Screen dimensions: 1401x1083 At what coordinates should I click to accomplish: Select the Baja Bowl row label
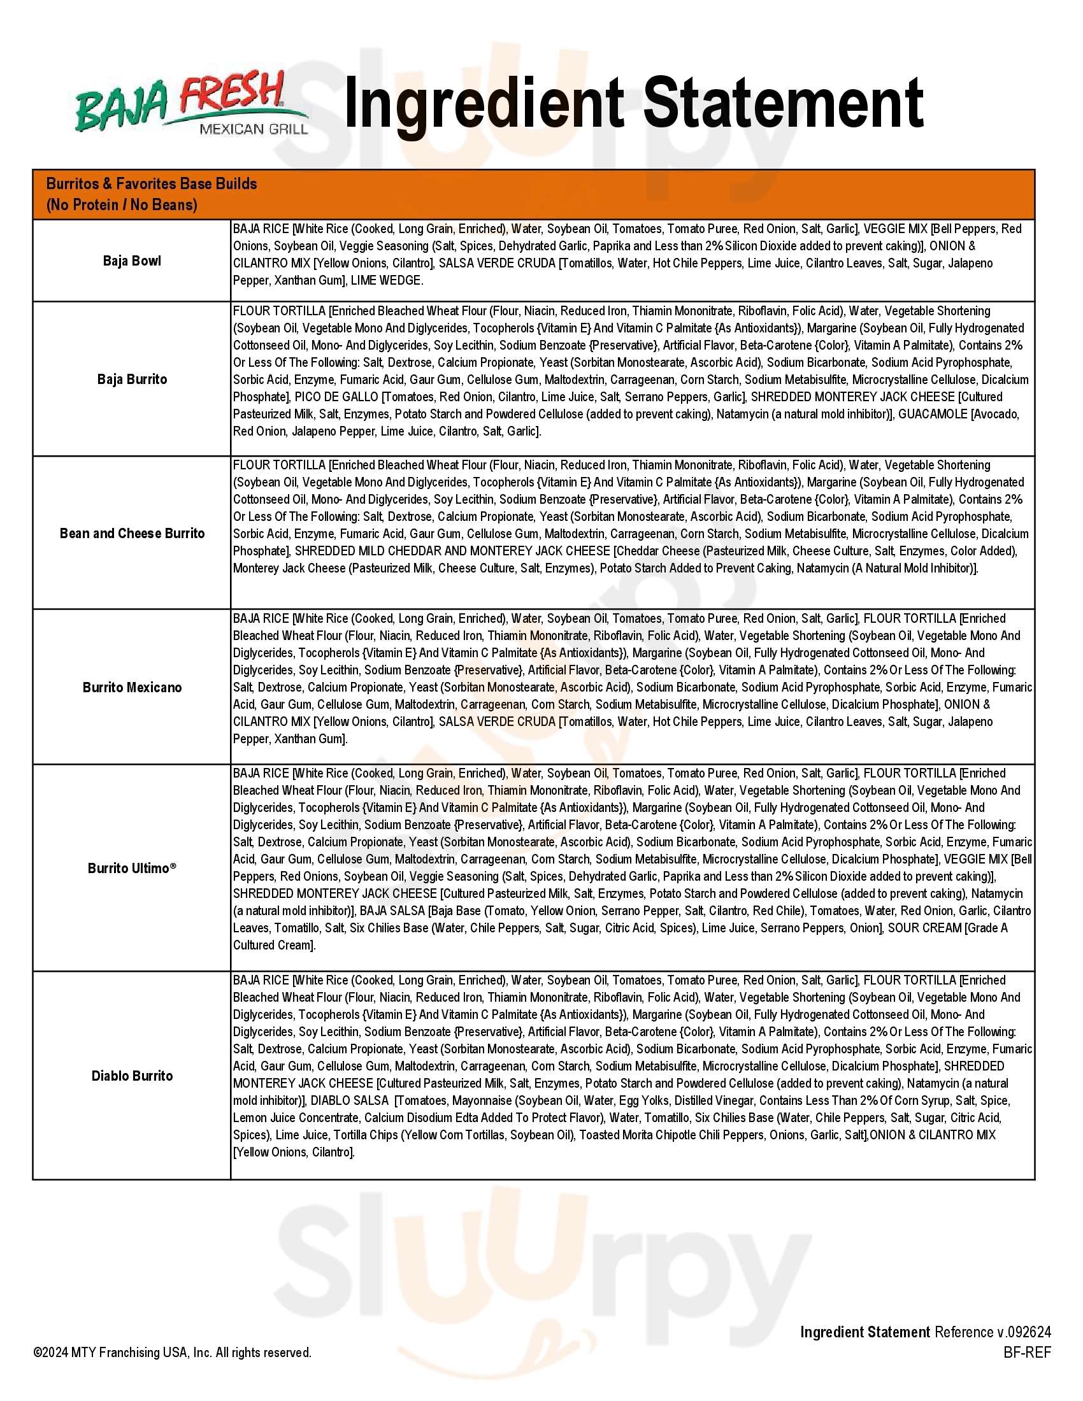131,261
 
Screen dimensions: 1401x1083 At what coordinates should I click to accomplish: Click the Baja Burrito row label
131,379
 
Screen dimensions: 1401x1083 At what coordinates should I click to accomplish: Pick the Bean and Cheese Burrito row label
131,533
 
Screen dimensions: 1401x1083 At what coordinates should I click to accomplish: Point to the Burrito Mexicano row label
131,688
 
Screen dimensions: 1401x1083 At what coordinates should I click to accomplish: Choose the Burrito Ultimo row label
131,868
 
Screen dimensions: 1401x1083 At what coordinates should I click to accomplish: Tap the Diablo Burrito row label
131,1076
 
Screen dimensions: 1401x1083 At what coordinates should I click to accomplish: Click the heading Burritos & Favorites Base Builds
152,184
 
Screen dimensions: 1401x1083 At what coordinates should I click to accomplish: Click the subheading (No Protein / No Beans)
122,205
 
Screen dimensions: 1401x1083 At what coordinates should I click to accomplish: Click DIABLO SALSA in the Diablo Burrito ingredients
350,1101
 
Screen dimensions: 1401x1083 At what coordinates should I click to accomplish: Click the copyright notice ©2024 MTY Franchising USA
172,1352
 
